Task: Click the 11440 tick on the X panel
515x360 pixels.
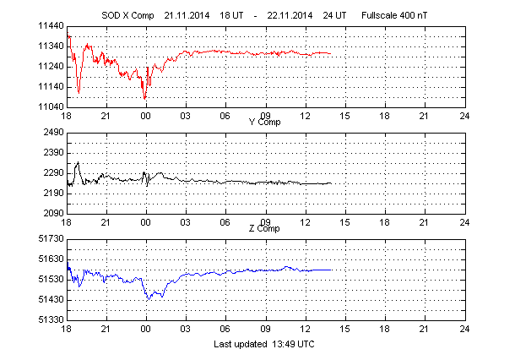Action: coord(50,26)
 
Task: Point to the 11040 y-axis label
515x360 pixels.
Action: coord(50,107)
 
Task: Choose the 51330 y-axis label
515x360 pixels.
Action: coord(50,320)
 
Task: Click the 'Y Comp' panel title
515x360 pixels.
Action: coord(265,123)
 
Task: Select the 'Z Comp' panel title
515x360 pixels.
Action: coord(265,229)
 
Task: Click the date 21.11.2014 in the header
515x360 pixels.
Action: coord(185,15)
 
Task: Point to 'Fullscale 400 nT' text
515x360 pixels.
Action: coord(397,15)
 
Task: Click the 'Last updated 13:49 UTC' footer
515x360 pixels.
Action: coord(265,344)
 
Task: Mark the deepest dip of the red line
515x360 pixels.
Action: coord(144,99)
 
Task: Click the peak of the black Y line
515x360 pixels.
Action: coord(78,162)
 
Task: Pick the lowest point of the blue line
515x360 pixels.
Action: coord(149,298)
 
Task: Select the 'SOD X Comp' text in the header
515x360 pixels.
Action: coord(123,15)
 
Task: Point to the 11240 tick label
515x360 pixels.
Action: coord(50,67)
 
